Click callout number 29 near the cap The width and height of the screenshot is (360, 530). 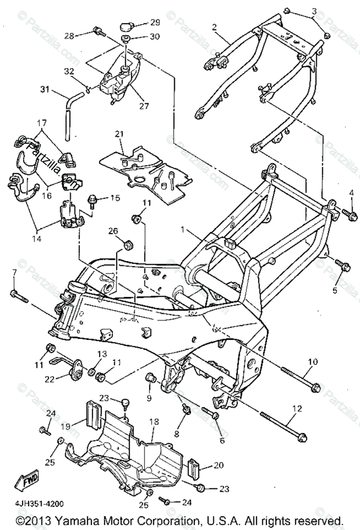click(142, 22)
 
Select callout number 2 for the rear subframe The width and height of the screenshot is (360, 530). click(214, 27)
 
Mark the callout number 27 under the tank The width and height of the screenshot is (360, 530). click(144, 106)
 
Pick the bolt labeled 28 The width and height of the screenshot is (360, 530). click(99, 32)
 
